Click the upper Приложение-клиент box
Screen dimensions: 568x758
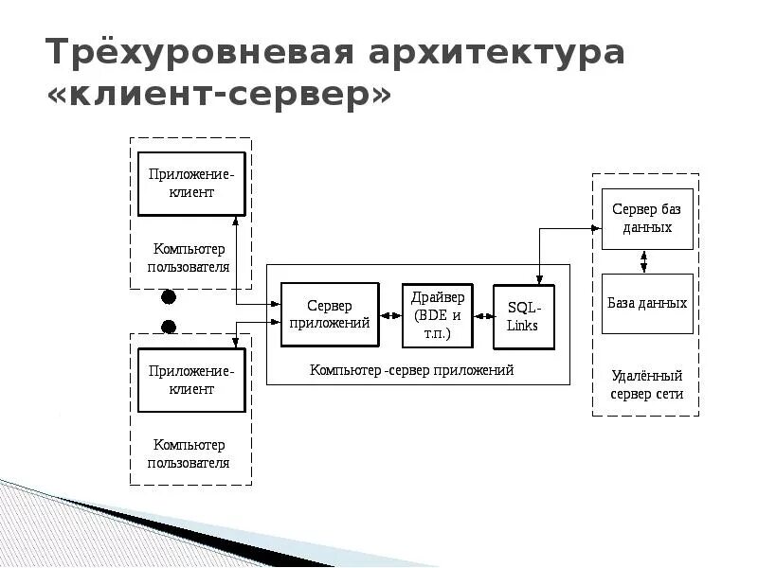click(x=191, y=184)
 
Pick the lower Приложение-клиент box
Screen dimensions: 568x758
click(x=191, y=381)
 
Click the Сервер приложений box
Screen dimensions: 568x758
click(x=331, y=314)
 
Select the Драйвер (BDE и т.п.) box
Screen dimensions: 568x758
click(x=437, y=314)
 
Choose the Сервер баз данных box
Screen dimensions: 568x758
click(x=647, y=219)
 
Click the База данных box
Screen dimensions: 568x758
click(x=647, y=303)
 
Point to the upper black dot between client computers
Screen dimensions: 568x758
click(x=169, y=297)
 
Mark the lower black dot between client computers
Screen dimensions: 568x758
click(x=169, y=328)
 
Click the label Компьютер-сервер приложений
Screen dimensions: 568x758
click(x=411, y=370)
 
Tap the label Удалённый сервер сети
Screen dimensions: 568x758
click(x=646, y=385)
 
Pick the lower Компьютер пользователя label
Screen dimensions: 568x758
click(x=190, y=453)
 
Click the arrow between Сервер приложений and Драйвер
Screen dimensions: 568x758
click(x=390, y=315)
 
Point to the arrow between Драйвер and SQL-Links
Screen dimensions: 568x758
click(x=483, y=315)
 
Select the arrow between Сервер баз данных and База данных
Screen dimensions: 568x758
click(x=645, y=261)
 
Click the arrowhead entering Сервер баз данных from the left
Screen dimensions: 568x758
click(x=596, y=228)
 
